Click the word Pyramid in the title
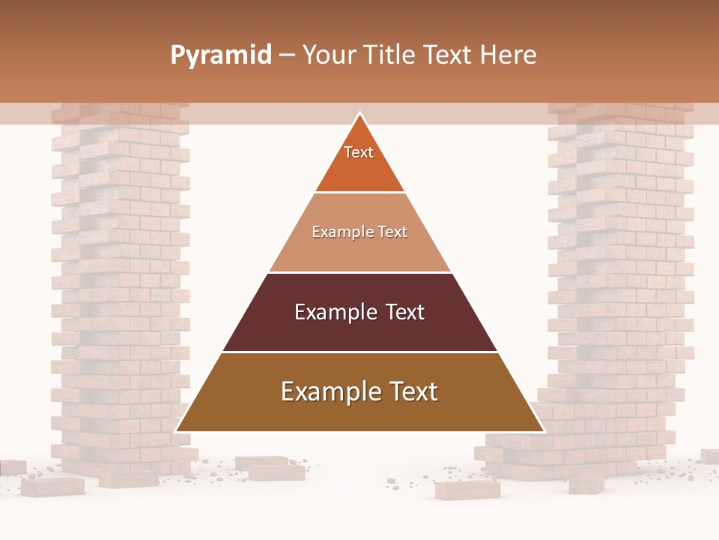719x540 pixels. click(221, 55)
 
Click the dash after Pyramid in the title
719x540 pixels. click(287, 55)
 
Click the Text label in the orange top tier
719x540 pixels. click(359, 152)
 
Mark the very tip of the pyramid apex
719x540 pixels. click(360, 113)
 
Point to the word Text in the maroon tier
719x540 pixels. click(405, 312)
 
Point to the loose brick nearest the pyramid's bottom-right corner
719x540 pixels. click(467, 490)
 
